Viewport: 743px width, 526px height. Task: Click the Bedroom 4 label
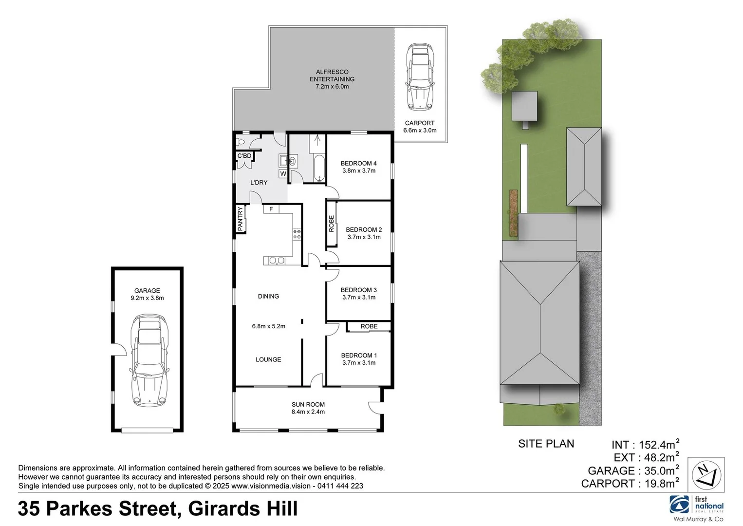pyautogui.click(x=358, y=164)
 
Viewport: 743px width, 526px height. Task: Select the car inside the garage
pyautogui.click(x=148, y=360)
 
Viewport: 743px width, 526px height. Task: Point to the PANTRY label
pyautogui.click(x=240, y=219)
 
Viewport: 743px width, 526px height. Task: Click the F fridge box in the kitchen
pyautogui.click(x=271, y=209)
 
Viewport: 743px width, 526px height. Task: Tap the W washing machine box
pyautogui.click(x=283, y=173)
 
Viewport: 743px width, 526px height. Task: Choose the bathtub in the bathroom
pyautogui.click(x=319, y=168)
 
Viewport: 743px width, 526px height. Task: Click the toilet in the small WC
pyautogui.click(x=241, y=142)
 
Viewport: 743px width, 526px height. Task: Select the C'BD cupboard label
pyautogui.click(x=244, y=156)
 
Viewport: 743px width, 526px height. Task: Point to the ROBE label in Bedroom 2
pyautogui.click(x=332, y=224)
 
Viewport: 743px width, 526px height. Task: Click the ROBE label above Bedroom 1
pyautogui.click(x=369, y=326)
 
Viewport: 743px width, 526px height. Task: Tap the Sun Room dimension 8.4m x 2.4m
pyautogui.click(x=308, y=412)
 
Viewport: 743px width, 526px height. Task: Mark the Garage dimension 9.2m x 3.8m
pyautogui.click(x=147, y=298)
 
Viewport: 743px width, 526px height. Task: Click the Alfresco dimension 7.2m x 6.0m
pyautogui.click(x=332, y=87)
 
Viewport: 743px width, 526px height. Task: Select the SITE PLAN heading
pyautogui.click(x=546, y=444)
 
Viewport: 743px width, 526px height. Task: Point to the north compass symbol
pyautogui.click(x=706, y=475)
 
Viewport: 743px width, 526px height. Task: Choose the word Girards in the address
pyautogui.click(x=225, y=509)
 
